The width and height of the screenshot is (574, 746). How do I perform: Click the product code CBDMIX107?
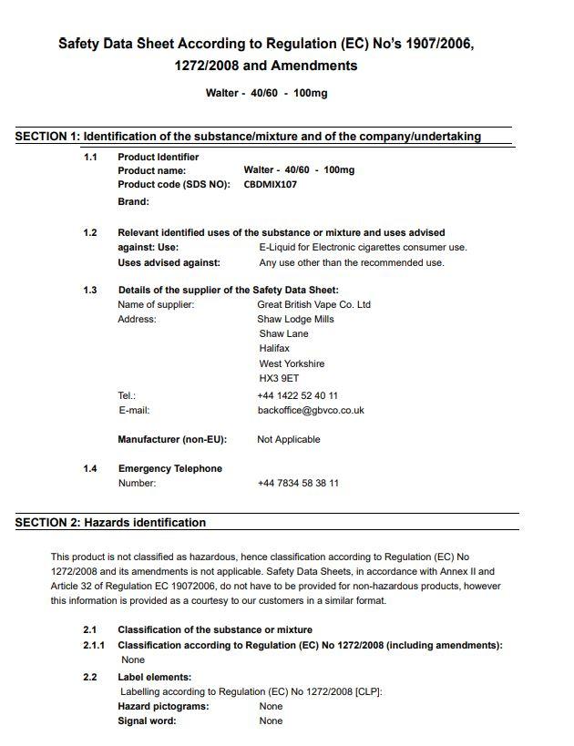270,184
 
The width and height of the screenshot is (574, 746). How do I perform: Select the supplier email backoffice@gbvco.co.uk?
311,410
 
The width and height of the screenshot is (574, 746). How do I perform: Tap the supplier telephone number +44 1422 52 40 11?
297,395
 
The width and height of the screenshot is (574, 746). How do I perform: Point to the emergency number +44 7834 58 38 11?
297,483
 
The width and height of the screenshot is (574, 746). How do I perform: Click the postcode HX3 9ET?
278,378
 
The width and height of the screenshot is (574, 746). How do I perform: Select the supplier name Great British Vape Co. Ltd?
313,304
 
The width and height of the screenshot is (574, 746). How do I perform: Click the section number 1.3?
90,290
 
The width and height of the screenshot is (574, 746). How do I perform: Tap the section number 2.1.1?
94,645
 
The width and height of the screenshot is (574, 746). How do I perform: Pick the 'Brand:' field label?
133,201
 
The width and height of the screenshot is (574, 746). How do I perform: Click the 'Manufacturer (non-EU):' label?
172,439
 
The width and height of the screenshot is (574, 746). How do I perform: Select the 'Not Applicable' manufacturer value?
288,439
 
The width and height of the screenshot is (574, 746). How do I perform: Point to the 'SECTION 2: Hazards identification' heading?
110,523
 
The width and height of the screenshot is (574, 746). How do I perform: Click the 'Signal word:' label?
147,720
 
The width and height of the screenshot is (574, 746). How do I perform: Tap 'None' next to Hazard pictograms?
271,706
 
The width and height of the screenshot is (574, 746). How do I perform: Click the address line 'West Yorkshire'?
291,363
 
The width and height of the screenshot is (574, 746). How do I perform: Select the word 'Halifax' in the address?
274,348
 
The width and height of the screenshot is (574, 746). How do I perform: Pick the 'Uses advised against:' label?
169,262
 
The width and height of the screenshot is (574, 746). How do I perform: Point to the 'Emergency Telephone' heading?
169,468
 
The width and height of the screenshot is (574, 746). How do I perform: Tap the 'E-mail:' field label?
134,410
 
